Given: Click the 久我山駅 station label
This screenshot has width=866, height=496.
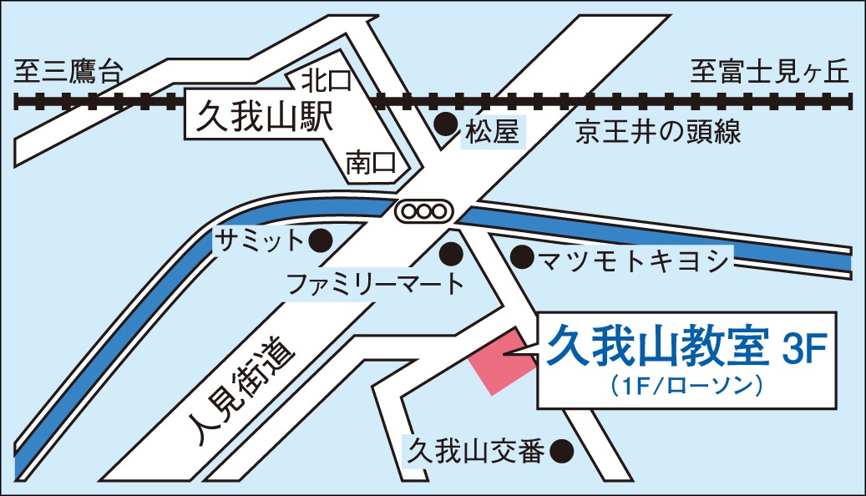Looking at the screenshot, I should [x=264, y=117].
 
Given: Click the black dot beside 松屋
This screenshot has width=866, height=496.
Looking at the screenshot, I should [x=448, y=125].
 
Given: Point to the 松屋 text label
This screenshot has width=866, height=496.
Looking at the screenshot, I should [x=493, y=131].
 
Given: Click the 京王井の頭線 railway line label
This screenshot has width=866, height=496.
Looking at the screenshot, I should [x=658, y=132].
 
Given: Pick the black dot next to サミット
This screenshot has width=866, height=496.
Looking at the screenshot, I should [x=321, y=241].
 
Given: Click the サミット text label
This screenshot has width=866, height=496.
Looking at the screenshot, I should [x=258, y=241].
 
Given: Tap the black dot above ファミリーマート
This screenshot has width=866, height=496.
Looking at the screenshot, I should [x=452, y=251].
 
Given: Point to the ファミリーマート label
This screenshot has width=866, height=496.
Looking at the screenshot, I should [x=375, y=285].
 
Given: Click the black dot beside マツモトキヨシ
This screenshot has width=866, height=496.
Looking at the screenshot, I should [x=521, y=256].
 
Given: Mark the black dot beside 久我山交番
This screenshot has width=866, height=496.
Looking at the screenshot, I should [x=565, y=451].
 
